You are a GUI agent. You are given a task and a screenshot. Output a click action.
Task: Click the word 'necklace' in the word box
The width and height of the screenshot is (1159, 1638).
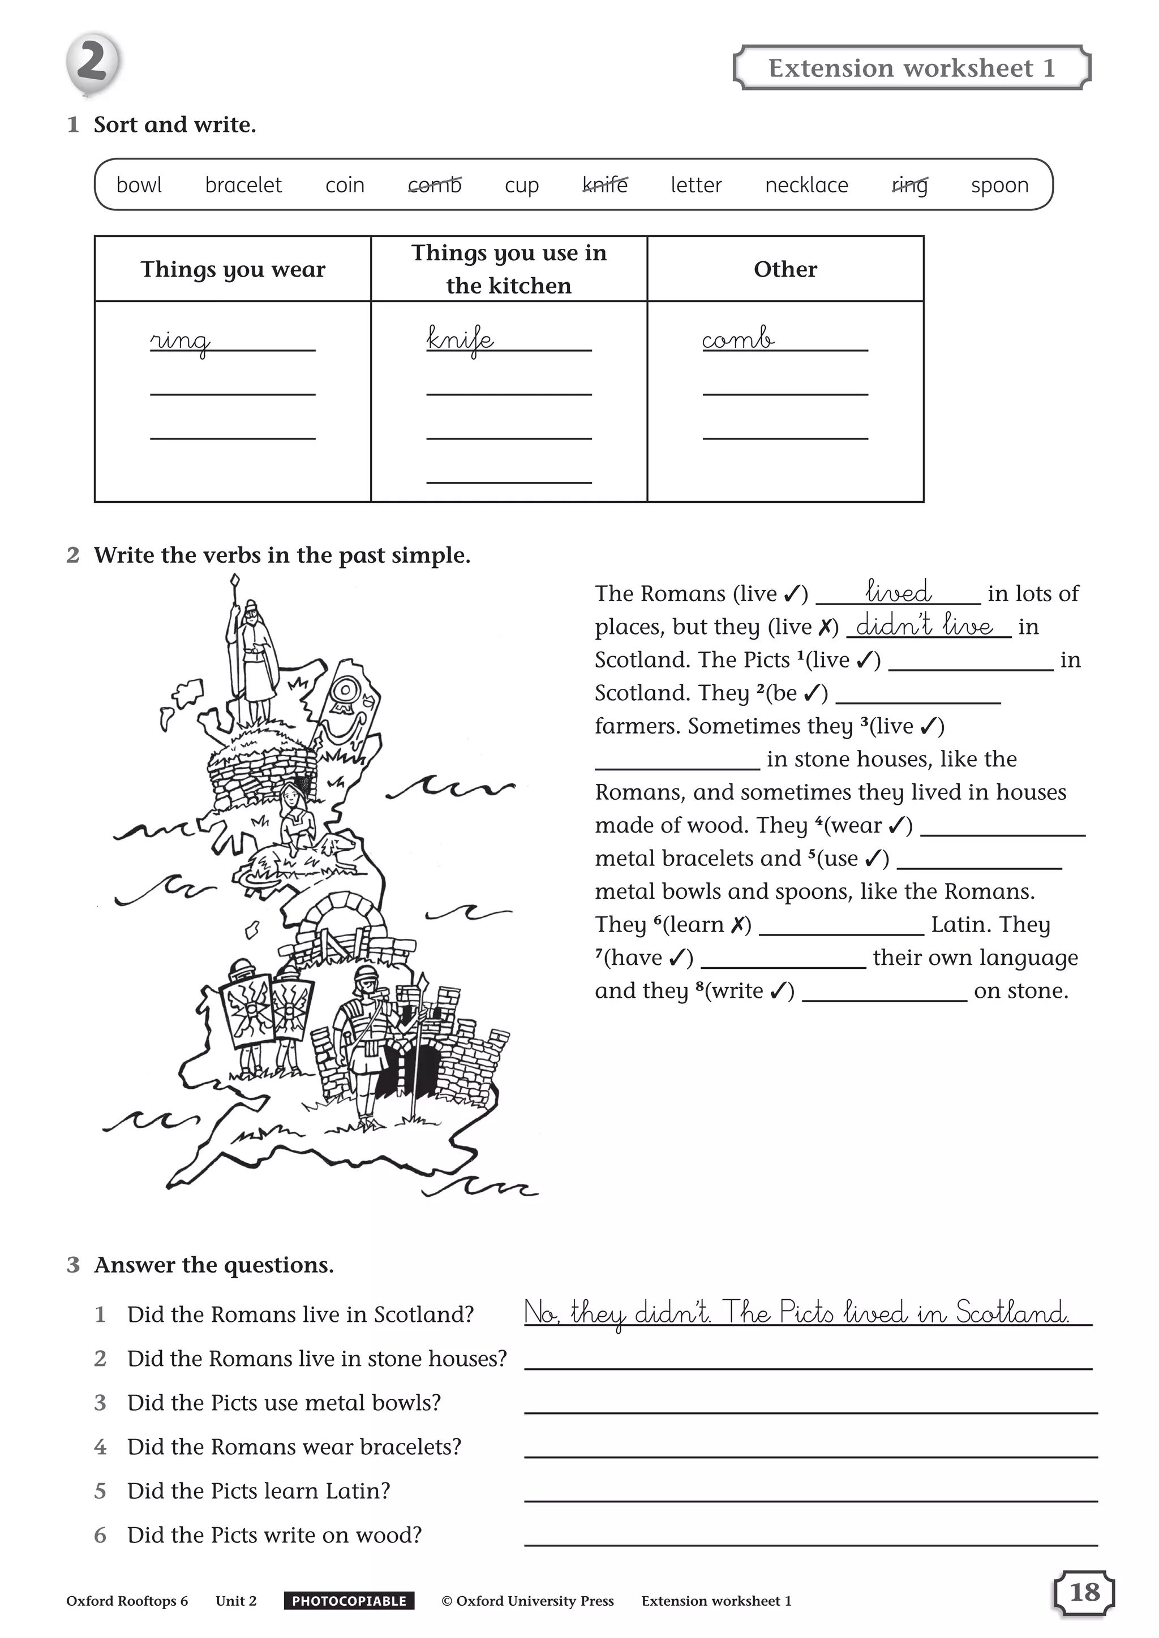(806, 186)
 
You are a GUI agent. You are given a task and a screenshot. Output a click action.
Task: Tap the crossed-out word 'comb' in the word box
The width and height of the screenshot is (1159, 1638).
(435, 186)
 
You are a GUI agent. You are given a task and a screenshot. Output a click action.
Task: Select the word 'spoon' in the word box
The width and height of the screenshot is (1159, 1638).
(999, 186)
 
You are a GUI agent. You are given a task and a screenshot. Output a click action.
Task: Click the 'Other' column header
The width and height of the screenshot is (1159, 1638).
(785, 269)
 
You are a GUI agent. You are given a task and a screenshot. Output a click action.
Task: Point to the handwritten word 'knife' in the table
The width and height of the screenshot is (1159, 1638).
(460, 339)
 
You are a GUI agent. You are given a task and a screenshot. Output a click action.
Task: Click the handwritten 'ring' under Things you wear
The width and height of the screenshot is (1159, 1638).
(180, 341)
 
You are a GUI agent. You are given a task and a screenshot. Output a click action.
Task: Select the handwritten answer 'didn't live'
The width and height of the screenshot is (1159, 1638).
(925, 626)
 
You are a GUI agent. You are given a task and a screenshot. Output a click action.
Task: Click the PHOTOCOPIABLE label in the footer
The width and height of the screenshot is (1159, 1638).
(349, 1601)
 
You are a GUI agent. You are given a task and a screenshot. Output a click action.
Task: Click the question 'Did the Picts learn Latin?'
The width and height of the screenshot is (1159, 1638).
(259, 1491)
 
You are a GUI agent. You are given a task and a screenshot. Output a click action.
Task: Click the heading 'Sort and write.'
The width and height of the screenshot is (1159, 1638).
(175, 125)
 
